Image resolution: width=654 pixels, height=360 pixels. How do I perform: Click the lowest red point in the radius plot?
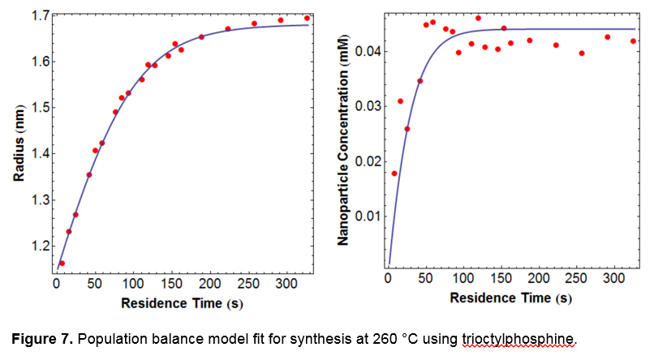pyautogui.click(x=62, y=264)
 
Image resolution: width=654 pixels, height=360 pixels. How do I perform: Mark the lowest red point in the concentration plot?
pyautogui.click(x=394, y=173)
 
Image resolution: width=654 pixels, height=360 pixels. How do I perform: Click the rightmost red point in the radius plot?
pyautogui.click(x=307, y=18)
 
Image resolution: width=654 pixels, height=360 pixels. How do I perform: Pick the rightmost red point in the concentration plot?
pyautogui.click(x=633, y=41)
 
